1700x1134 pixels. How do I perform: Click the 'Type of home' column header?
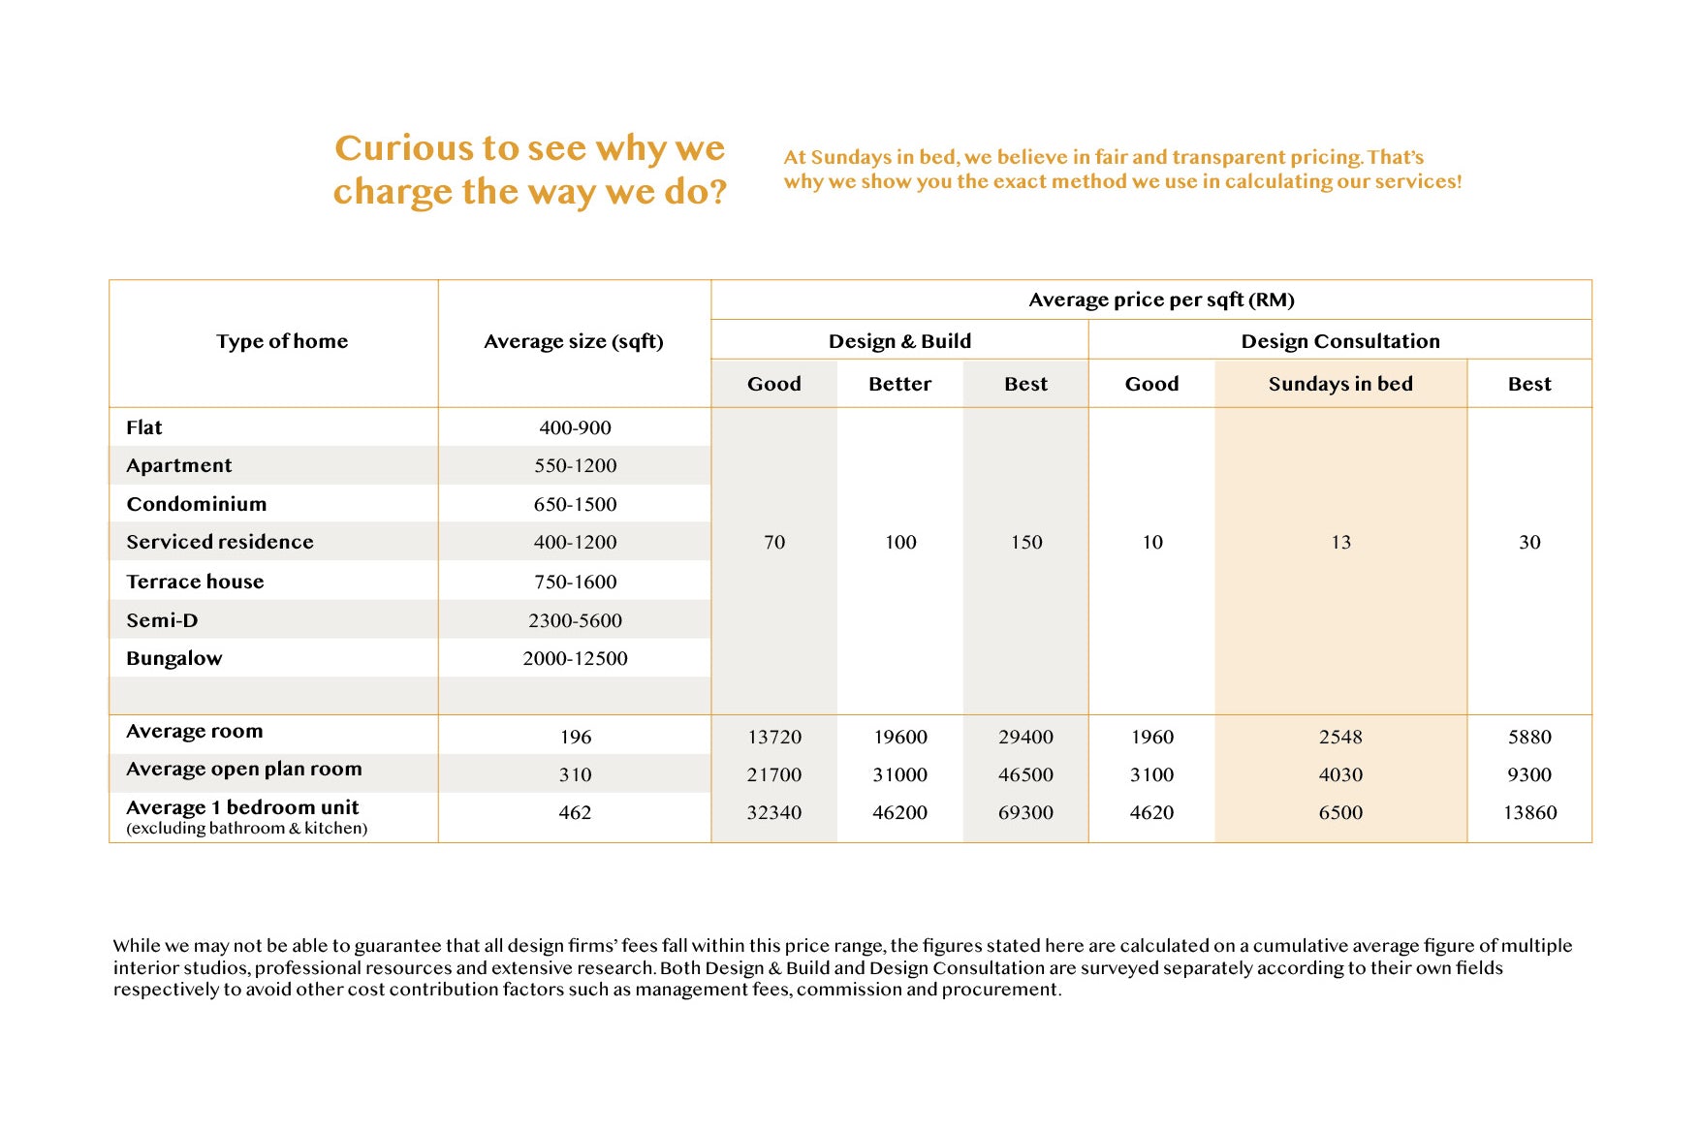281,341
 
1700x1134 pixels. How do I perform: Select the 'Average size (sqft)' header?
574,341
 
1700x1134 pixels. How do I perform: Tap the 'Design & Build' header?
899,341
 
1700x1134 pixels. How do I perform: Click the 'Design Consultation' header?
1339,341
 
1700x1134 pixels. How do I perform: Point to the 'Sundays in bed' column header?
1339,384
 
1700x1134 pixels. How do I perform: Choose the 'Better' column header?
899,384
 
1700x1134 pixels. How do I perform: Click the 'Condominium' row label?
197,504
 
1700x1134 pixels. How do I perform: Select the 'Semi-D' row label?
162,620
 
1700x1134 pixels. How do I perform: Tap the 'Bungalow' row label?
174,658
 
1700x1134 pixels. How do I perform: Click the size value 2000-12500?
575,658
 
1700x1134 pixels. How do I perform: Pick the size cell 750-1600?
575,582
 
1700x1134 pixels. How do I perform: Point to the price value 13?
1340,542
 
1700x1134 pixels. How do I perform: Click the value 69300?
1025,812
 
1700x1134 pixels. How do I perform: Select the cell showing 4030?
1340,774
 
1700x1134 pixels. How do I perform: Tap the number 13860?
1529,812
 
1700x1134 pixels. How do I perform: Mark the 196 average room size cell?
575,737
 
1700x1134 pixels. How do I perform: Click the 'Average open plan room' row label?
244,769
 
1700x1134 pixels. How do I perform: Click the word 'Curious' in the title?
403,148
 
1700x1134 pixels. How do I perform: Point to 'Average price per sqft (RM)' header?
1161,299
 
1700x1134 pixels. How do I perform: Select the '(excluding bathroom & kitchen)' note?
247,828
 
